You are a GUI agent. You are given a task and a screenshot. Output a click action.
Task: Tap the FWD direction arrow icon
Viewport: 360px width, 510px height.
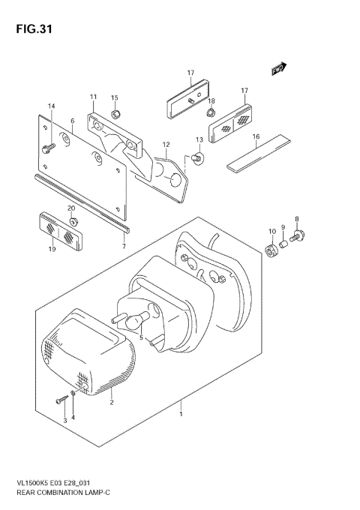280,69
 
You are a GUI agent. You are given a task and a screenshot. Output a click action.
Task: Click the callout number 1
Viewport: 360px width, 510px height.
181,412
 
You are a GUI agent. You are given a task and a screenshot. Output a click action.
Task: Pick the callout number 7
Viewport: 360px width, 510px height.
124,246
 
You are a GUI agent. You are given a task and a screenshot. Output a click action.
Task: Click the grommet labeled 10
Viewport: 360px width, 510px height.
273,250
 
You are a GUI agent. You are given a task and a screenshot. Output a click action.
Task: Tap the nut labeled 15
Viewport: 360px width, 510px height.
115,114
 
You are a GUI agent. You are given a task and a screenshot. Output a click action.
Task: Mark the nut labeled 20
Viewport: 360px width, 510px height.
73,220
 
